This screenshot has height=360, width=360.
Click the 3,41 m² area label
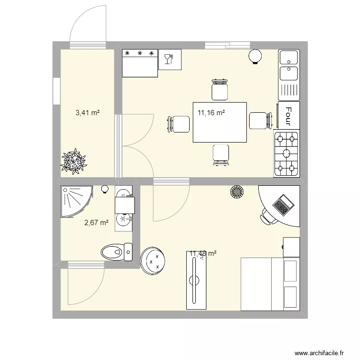point(87,113)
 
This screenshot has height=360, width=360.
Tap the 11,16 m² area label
point(211,113)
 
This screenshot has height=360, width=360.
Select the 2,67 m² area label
point(96,222)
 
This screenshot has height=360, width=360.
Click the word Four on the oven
point(288,115)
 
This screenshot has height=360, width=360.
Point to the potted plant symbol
point(74,161)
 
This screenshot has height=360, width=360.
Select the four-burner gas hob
point(287,153)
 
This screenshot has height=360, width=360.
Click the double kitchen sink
point(288,66)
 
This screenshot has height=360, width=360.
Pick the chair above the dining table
point(220,90)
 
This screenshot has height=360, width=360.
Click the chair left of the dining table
point(179,123)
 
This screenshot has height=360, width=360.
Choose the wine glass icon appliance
point(169,60)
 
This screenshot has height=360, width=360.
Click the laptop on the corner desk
point(283,205)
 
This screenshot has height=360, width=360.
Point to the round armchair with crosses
point(153,261)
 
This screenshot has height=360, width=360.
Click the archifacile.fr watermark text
point(321,352)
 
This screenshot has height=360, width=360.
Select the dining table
point(220,122)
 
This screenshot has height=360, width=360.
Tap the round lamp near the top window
point(255,57)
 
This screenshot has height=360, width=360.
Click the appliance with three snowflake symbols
point(140,63)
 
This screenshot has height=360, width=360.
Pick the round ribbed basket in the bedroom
point(237,192)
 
